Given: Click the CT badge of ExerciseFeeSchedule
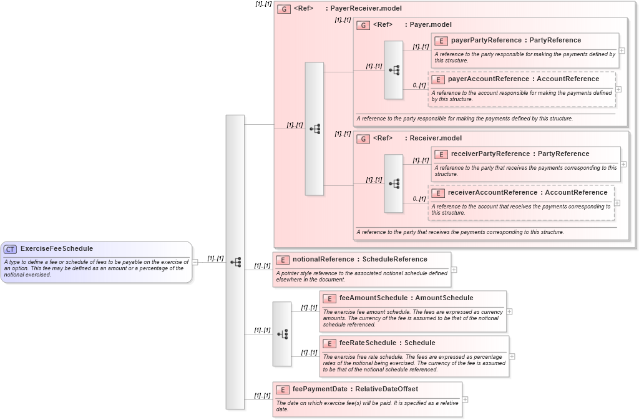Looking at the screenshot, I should coord(10,249).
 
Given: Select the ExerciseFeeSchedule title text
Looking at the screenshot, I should coord(56,249).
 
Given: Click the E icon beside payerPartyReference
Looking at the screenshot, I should coord(441,41).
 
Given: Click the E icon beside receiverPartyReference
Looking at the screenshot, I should coord(441,154).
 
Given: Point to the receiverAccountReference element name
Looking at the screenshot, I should coord(492,193).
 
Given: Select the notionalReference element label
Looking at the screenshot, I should coord(323,260).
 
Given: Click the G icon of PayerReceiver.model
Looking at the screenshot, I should coord(284,9).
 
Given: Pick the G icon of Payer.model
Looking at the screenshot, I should coord(363,25).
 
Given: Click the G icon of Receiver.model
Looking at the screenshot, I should coord(363,139).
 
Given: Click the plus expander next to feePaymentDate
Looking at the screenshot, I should coord(465,399).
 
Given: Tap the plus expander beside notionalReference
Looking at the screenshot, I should coord(454,270).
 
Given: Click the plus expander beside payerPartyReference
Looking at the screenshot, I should coord(622,51).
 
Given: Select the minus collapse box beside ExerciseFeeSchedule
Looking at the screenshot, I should coord(195,262).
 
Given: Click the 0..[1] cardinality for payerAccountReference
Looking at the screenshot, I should coord(419,85).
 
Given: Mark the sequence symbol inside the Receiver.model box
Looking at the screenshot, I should coord(394,183).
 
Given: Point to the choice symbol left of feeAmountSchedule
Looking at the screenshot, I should coord(282,334).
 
